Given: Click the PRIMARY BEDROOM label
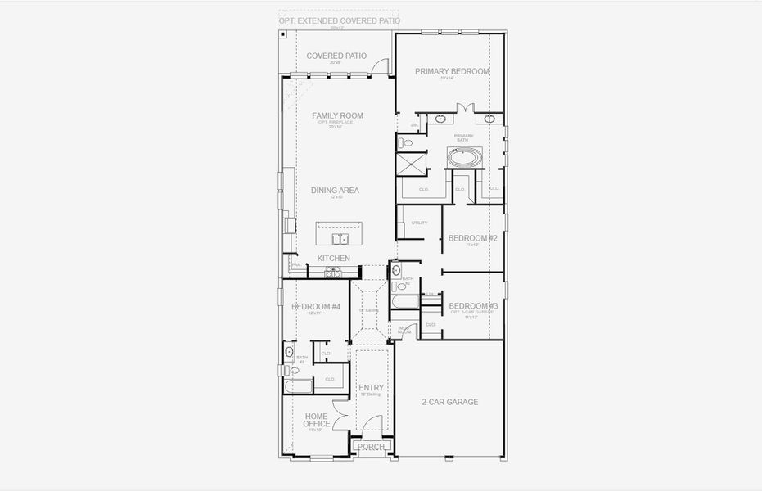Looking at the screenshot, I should [x=452, y=71].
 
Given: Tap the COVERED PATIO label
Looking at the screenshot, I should [x=335, y=56].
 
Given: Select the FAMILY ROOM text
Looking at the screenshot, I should [x=337, y=116].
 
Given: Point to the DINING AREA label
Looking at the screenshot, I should [x=335, y=191].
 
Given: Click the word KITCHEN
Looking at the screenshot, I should [x=334, y=259].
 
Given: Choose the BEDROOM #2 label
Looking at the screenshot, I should [x=472, y=238].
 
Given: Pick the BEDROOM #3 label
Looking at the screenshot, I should [x=473, y=305].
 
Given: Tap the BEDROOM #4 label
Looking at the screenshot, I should [x=315, y=307].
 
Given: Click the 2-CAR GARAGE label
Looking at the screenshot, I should [x=449, y=402].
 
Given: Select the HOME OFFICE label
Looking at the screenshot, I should [x=316, y=420].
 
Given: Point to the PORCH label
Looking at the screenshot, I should [x=371, y=447].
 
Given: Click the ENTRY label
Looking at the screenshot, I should [x=371, y=388].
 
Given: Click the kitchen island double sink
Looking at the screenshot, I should [x=340, y=239].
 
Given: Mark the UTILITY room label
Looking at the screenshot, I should [x=419, y=223].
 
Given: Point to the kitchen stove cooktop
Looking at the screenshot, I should [x=332, y=273].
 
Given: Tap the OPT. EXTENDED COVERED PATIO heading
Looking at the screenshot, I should [x=339, y=20].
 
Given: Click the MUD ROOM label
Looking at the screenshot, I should [x=404, y=330].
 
